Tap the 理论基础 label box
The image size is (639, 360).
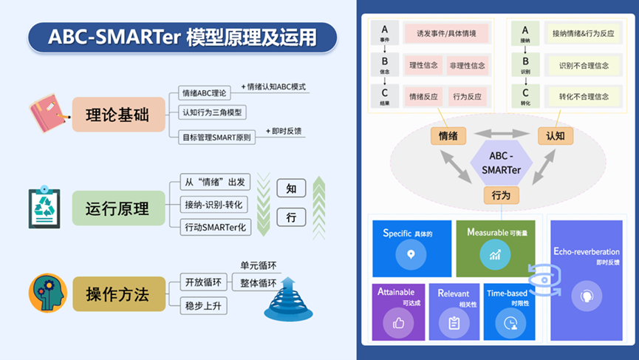click(117, 115)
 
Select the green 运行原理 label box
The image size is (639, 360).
click(117, 208)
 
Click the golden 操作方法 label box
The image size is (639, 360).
click(117, 293)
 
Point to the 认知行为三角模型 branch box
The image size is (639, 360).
click(214, 113)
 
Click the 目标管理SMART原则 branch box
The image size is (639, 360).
click(219, 137)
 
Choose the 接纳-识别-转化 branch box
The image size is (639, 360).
click(216, 204)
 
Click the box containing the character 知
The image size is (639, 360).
click(291, 189)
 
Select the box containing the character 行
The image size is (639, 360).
click(291, 217)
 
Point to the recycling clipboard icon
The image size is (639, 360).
click(45, 207)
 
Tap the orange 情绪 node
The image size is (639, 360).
click(447, 135)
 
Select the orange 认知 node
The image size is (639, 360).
click(555, 135)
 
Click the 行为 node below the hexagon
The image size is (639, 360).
click(501, 195)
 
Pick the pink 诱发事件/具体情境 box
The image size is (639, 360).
click(446, 33)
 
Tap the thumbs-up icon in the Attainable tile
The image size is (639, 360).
click(399, 322)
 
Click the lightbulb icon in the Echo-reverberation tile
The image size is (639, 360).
click(587, 295)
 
